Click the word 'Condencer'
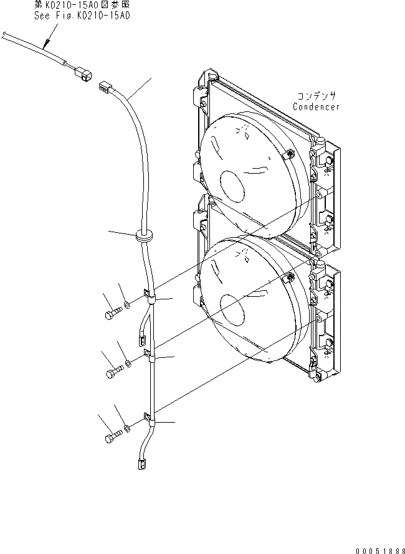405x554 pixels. [x=317, y=106]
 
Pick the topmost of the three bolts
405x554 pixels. [x=111, y=313]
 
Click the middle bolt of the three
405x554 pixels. [x=113, y=373]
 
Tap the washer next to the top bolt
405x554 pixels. [x=127, y=304]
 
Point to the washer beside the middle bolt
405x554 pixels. [x=128, y=362]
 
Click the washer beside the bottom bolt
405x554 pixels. [x=126, y=427]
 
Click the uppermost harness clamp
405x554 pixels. [x=149, y=297]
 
